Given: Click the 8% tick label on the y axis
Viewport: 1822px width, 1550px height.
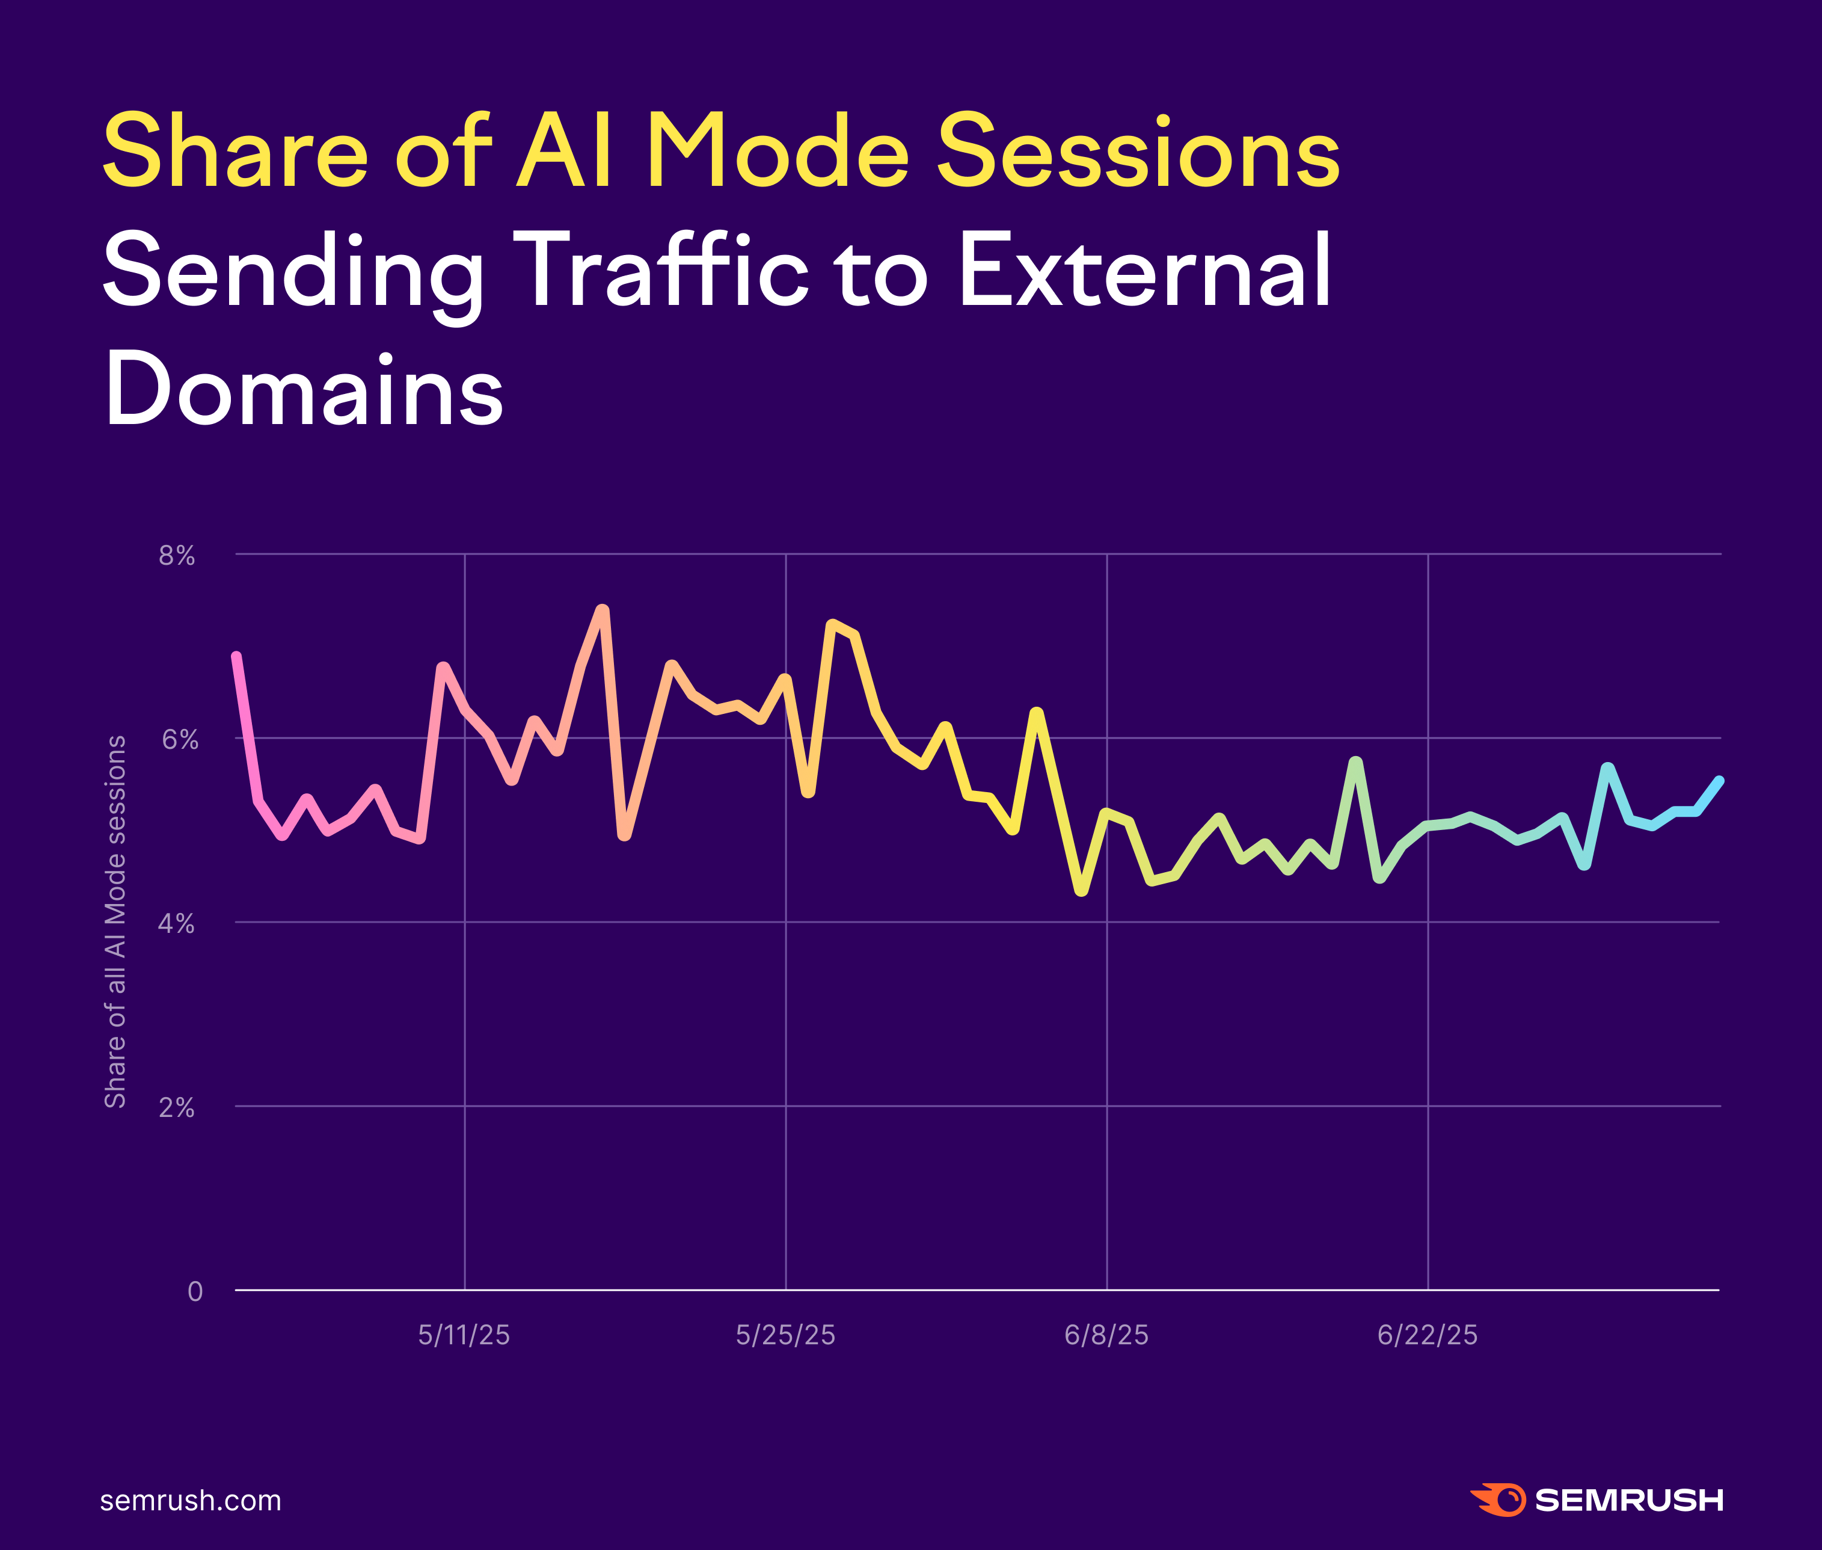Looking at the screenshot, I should [x=177, y=555].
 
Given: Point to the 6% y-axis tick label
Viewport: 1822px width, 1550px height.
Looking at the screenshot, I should [x=179, y=740].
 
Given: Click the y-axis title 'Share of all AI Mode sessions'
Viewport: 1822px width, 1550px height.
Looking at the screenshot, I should [x=115, y=921].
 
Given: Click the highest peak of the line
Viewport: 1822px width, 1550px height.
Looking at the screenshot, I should [x=603, y=609].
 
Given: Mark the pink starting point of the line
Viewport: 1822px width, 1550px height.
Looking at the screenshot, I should [x=236, y=656].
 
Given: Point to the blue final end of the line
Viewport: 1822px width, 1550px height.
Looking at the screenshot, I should [x=1719, y=780].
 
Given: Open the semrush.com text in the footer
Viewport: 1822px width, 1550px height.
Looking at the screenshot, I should [x=191, y=1500].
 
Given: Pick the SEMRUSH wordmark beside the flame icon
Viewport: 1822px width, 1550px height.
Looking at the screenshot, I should [x=1629, y=1500].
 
